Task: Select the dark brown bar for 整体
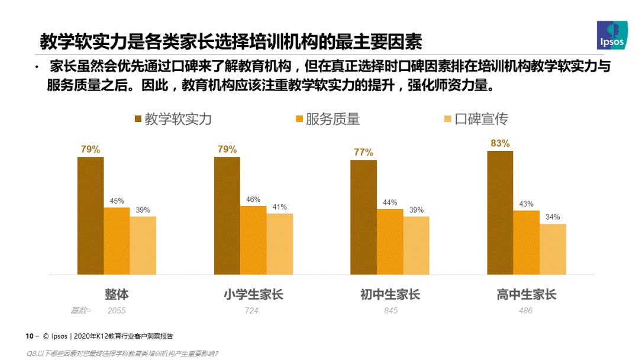coord(91,216)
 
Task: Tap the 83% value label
coord(500,143)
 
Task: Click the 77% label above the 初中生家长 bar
coord(363,152)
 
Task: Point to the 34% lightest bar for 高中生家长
coord(553,249)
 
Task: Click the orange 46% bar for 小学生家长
coord(253,240)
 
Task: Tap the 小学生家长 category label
coord(253,294)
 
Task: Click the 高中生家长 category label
coord(527,294)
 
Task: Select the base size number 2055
coord(117,310)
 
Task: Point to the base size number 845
coord(390,310)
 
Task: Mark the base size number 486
coord(525,310)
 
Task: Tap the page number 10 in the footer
coord(29,336)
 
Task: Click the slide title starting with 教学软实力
coord(231,42)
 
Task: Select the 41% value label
coord(280,207)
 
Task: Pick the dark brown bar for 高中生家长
coord(500,213)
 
